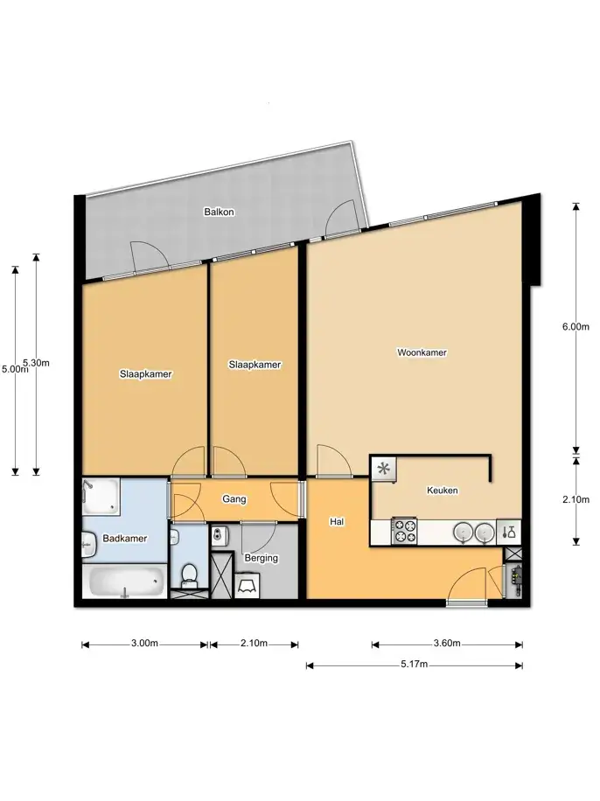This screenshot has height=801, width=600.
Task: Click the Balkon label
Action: click(x=219, y=212)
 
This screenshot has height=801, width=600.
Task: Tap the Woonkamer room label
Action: click(x=422, y=352)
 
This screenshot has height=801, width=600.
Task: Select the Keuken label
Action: click(x=442, y=491)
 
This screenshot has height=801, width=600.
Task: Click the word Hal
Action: click(x=337, y=521)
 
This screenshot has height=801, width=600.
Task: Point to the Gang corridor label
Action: click(x=234, y=499)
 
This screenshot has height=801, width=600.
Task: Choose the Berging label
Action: click(x=262, y=558)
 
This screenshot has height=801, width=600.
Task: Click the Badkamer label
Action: click(x=125, y=538)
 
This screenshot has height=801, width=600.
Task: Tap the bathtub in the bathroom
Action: click(x=126, y=582)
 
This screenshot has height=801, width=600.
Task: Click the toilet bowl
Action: click(x=189, y=575)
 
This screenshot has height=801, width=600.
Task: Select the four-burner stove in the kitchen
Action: click(x=404, y=531)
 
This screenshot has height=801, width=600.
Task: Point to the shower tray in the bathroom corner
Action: click(x=101, y=496)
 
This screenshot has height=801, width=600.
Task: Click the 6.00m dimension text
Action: click(x=576, y=327)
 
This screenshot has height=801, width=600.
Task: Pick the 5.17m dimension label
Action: click(x=415, y=664)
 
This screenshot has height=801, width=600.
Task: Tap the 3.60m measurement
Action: click(x=447, y=643)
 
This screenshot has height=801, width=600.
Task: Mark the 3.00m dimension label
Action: click(x=144, y=643)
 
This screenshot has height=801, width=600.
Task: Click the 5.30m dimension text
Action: click(x=37, y=363)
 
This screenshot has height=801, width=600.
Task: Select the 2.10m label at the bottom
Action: click(x=254, y=643)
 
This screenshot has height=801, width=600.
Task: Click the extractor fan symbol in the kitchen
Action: click(x=383, y=469)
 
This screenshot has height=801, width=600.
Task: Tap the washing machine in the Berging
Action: click(x=247, y=585)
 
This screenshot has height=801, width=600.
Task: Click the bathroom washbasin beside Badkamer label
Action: click(x=89, y=545)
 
